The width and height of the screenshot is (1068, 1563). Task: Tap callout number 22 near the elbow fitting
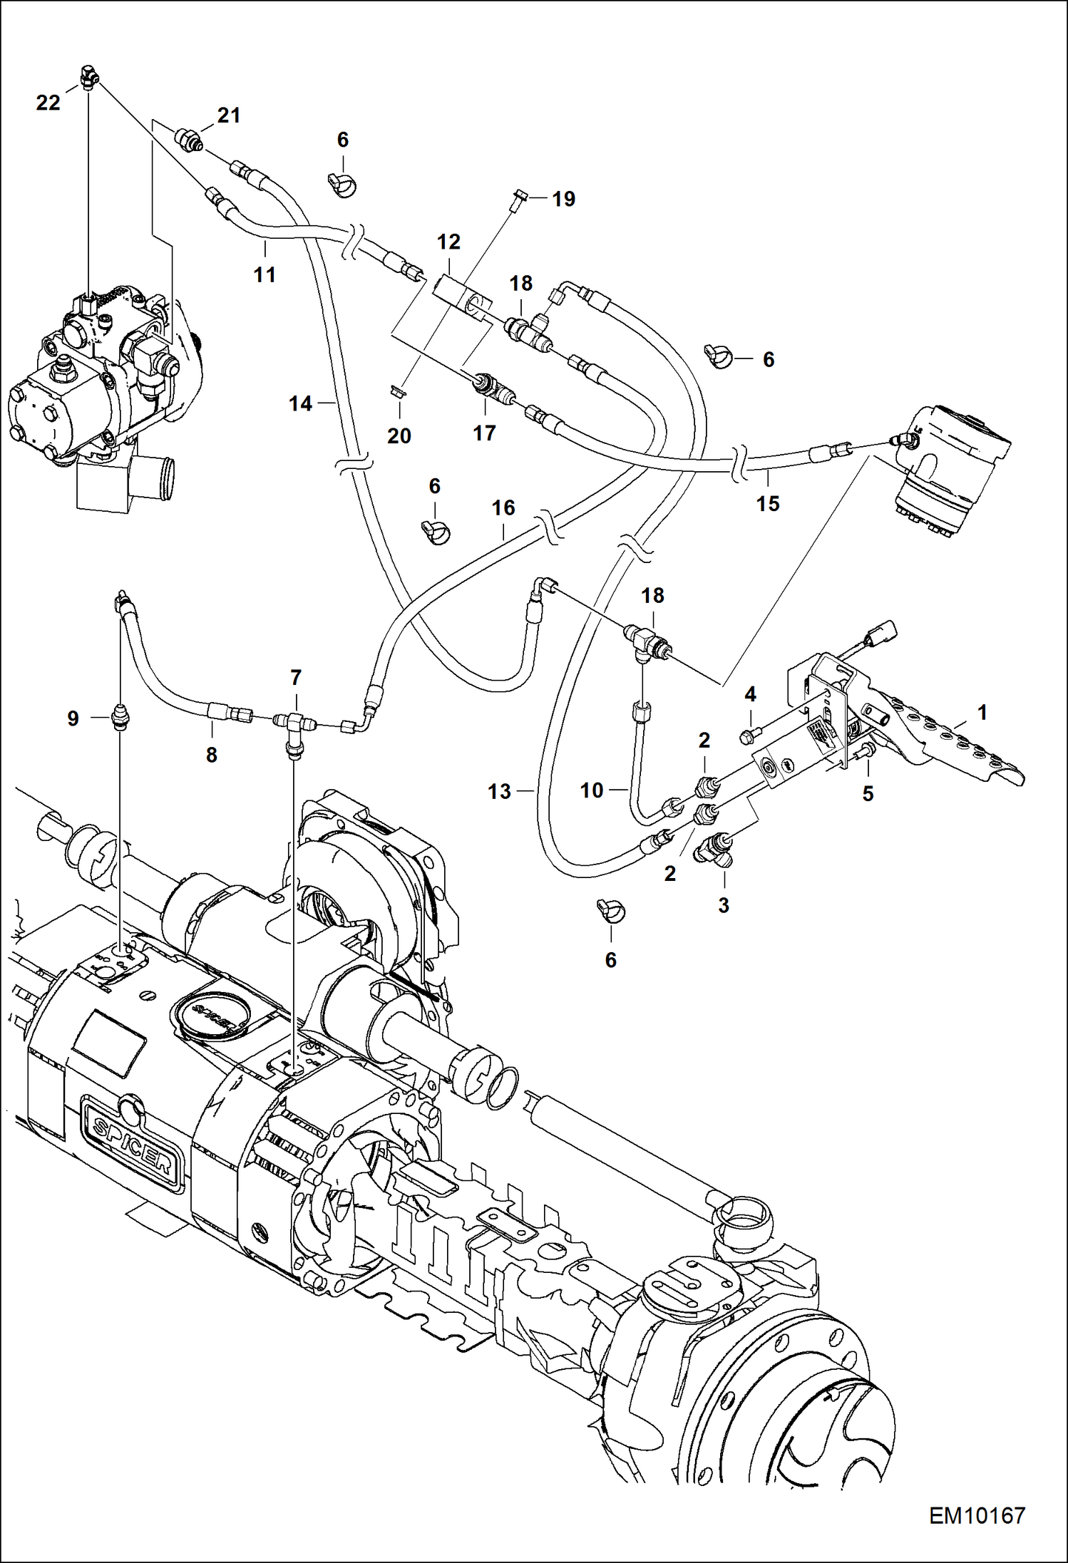[48, 103]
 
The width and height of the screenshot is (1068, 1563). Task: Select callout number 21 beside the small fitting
[228, 115]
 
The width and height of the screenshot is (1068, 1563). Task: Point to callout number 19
[563, 199]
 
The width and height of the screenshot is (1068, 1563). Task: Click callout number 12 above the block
[448, 242]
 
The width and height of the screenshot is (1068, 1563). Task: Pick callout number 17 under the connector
[484, 433]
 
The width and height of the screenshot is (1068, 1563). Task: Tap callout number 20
[399, 435]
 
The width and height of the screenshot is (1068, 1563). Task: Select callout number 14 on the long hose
[300, 404]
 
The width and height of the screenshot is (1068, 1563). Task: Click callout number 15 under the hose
[767, 503]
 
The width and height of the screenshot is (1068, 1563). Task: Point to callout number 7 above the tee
[296, 678]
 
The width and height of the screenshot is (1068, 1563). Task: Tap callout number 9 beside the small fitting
[73, 718]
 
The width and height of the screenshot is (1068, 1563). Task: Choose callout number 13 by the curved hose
[499, 791]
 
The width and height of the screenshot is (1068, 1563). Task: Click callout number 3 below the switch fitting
[723, 905]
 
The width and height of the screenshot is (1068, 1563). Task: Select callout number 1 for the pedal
[982, 712]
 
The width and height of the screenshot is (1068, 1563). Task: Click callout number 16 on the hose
[503, 507]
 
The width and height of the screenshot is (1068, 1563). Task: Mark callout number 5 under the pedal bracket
[867, 793]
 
